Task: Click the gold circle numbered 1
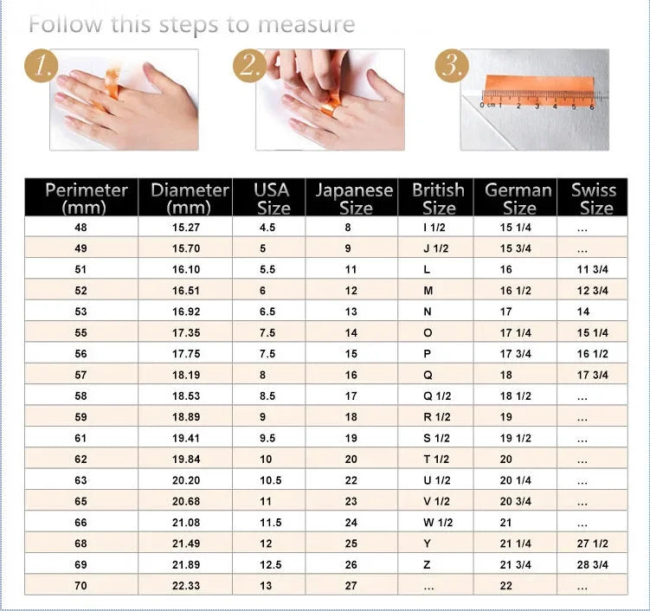41,67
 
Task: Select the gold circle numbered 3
451,67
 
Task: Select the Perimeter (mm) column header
86,198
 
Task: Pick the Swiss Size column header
594,198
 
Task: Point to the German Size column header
519,198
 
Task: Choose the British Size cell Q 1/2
436,396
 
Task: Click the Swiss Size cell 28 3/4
593,564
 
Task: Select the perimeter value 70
81,586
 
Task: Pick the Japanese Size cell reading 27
351,586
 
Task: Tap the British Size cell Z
427,564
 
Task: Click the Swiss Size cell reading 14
583,312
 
